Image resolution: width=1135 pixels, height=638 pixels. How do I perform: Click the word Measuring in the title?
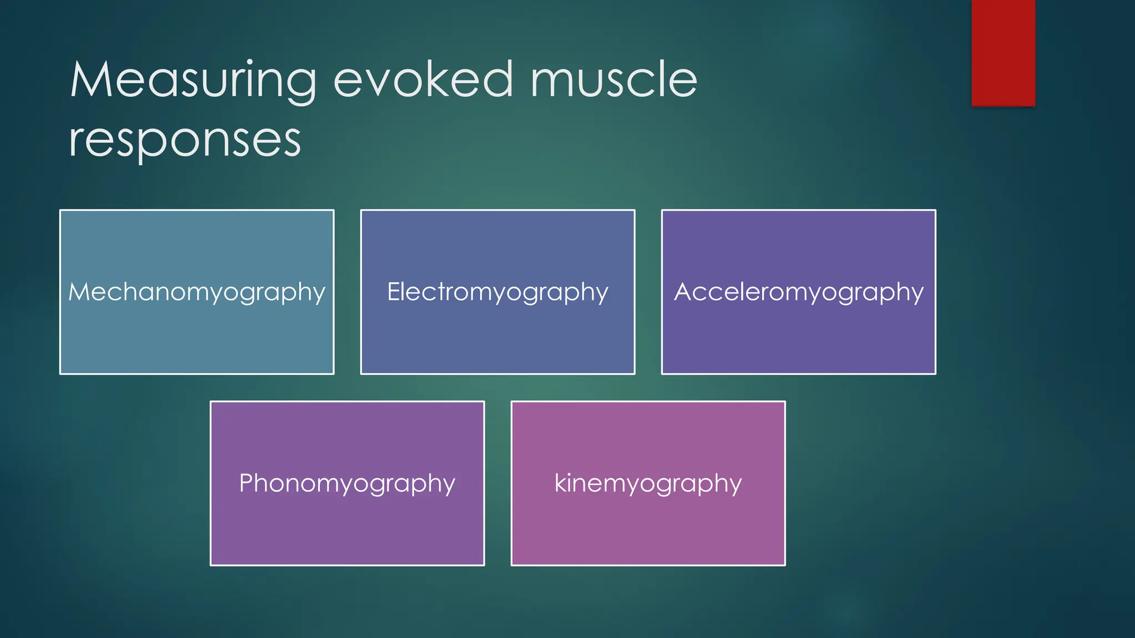tap(193, 81)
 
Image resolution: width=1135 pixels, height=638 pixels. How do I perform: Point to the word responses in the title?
tap(185, 141)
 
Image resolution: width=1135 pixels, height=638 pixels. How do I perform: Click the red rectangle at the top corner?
tap(1003, 53)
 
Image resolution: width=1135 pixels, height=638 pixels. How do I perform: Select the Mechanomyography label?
tap(197, 292)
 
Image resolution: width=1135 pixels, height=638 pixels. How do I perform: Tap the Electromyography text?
tap(497, 292)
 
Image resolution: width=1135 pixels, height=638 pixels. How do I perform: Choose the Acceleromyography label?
tap(799, 292)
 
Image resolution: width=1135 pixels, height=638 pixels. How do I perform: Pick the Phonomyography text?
tap(347, 483)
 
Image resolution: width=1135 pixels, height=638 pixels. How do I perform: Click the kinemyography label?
tap(648, 483)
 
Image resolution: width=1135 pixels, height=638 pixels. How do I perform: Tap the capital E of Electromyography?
tap(393, 291)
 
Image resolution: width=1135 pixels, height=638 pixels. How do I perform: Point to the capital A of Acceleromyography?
tap(683, 291)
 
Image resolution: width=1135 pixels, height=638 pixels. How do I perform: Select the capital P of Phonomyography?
tap(246, 483)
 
